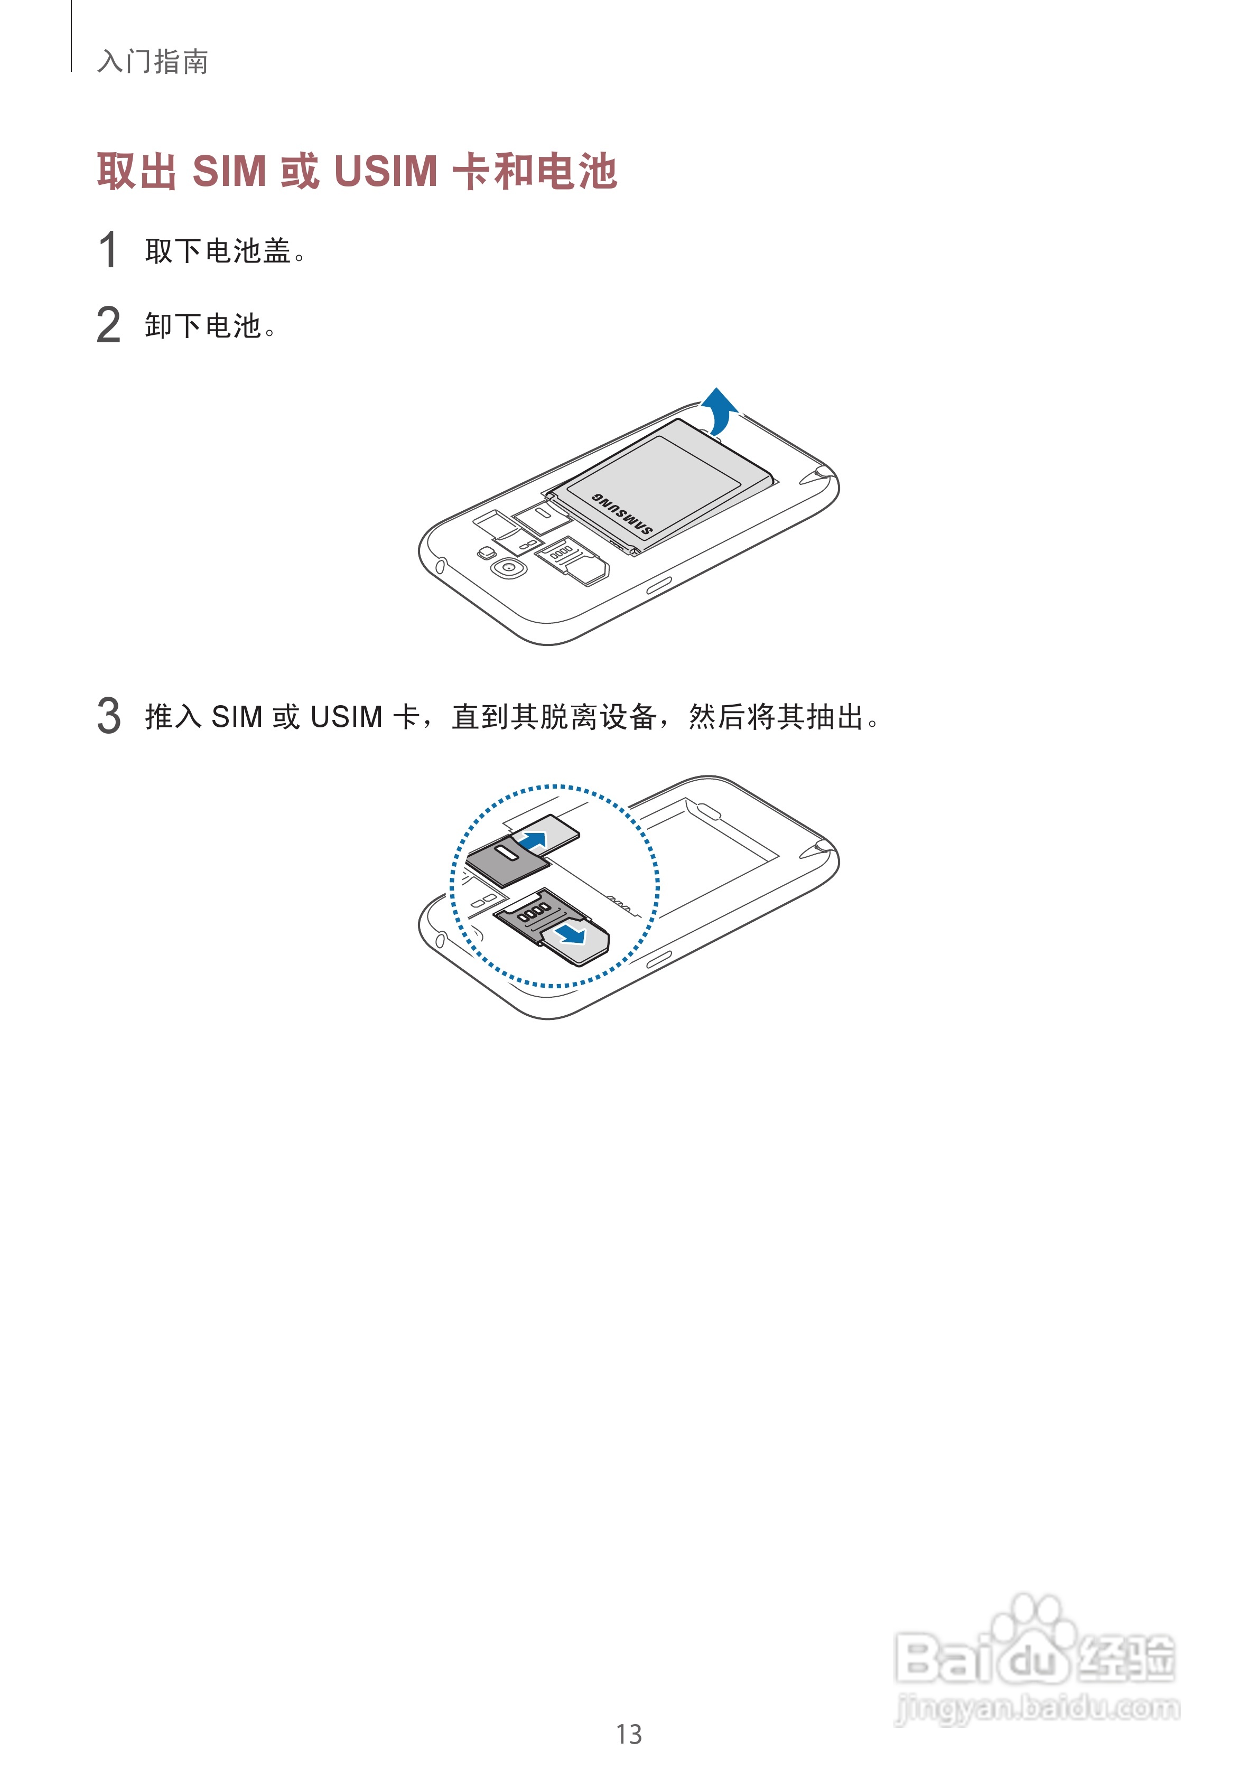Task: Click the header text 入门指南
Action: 153,62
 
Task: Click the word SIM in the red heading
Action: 229,171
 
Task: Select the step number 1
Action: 108,250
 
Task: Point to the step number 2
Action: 108,325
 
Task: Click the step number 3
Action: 108,715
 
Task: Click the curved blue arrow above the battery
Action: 720,409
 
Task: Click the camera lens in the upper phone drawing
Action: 508,568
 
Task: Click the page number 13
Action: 629,1734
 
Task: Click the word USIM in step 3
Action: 346,717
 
